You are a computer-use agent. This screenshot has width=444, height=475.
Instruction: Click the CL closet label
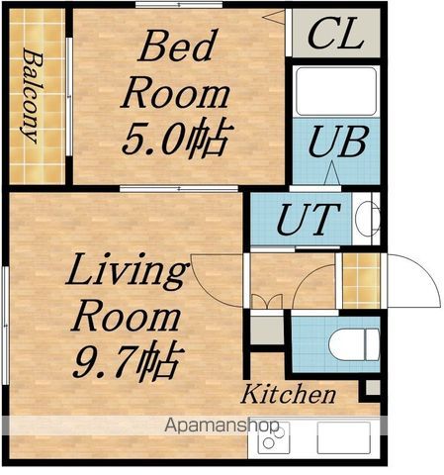coord(336,33)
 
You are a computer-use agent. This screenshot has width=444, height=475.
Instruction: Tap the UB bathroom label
coord(337,142)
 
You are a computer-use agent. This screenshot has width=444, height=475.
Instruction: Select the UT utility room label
coord(309,219)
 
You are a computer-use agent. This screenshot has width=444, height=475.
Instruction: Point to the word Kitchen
coord(289,394)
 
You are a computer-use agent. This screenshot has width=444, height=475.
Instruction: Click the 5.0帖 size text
coord(178,136)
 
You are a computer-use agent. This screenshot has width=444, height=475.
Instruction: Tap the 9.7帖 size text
coord(128,360)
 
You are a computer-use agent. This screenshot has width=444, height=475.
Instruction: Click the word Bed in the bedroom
coord(178,46)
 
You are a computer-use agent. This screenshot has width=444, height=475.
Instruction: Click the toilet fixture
coord(354,344)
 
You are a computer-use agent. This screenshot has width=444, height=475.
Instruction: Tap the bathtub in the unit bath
coord(336,91)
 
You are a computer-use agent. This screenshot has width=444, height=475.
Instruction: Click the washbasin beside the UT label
coord(367,219)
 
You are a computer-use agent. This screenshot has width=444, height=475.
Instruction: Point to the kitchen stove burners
coord(274,437)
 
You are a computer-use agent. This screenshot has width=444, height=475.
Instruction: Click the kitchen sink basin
coord(343,437)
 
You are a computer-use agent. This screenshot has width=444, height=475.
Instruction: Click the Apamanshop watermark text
coord(222,426)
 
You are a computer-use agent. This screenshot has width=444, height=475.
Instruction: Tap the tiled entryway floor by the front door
coord(361,281)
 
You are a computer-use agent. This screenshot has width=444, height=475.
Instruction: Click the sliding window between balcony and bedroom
coord(69,96)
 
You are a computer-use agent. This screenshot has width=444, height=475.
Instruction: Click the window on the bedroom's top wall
coord(179,5)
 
